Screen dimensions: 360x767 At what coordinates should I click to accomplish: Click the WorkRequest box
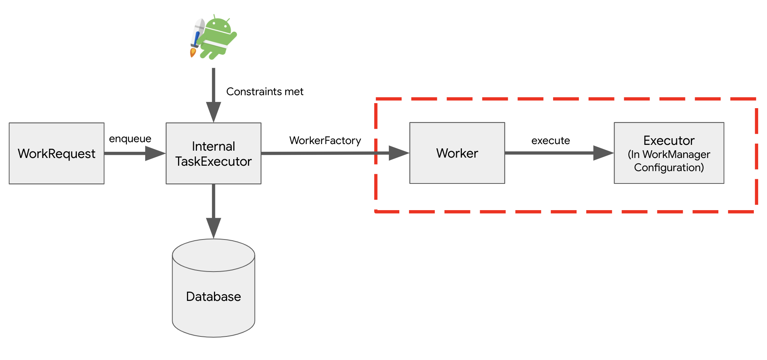[x=56, y=153]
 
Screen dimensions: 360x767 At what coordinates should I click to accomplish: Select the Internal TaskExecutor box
[x=213, y=153]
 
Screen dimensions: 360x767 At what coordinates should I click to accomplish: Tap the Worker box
[x=457, y=153]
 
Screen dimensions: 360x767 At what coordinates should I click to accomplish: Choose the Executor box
[x=669, y=153]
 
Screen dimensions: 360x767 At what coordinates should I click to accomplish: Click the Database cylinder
[x=213, y=288]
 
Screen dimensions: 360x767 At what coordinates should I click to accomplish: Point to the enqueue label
[x=130, y=139]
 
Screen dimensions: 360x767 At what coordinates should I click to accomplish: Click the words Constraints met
[x=265, y=92]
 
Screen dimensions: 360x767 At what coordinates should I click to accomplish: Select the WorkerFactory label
[x=325, y=141]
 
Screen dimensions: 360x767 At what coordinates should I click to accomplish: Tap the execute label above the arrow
[x=550, y=141]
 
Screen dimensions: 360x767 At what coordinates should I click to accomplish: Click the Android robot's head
[x=219, y=26]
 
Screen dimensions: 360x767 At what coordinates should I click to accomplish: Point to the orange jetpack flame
[x=193, y=53]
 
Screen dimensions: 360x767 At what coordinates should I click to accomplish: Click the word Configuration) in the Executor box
[x=669, y=168]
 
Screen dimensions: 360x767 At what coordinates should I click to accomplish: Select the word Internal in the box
[x=213, y=146]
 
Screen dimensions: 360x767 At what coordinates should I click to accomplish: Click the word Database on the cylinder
[x=213, y=297]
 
